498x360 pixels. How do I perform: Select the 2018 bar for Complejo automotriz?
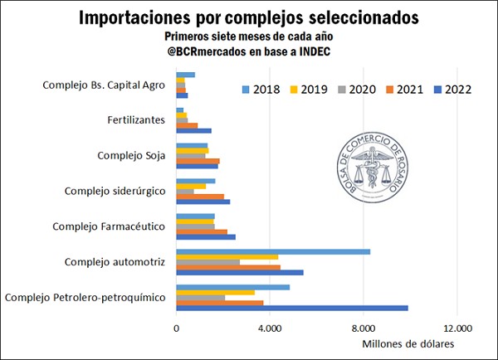tap(273, 251)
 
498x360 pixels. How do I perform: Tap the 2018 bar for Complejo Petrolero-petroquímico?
tap(233, 287)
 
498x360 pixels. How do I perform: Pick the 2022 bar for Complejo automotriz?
tap(240, 273)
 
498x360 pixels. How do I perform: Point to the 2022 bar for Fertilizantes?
tap(194, 131)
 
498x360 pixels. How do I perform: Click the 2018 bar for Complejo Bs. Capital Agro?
tap(186, 75)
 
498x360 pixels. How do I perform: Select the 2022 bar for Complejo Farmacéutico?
tap(206, 237)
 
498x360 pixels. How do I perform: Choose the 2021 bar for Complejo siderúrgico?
tap(200, 196)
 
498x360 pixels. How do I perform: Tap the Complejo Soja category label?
tap(132, 155)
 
